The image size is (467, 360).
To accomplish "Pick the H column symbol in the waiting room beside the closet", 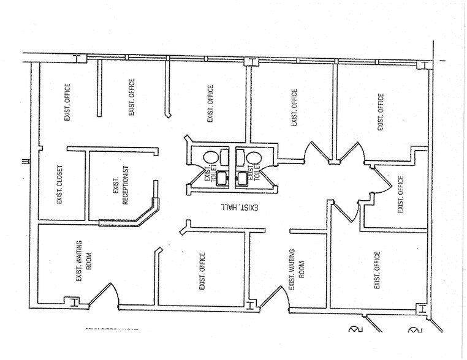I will tap(72, 301).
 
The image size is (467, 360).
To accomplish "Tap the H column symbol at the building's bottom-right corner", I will tap(420, 309).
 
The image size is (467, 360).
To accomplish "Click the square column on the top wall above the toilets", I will tap(249, 61).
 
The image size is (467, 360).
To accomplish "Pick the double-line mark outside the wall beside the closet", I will tap(23, 162).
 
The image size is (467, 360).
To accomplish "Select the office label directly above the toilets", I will tap(210, 103).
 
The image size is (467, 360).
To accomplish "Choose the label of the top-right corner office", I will tap(381, 112).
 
